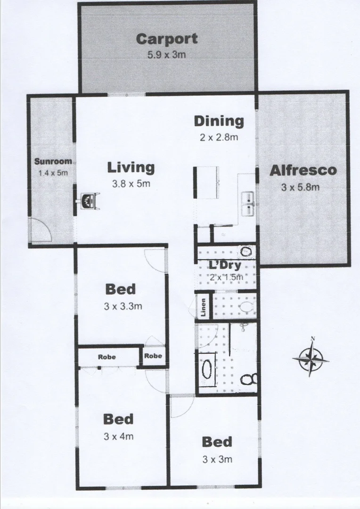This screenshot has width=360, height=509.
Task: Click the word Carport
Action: [x=166, y=39]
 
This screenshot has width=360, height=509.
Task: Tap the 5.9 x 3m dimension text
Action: [x=166, y=54]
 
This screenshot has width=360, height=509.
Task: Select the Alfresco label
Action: [x=303, y=170]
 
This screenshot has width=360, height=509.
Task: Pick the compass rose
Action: [x=311, y=358]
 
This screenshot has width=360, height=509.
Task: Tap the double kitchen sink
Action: [x=248, y=205]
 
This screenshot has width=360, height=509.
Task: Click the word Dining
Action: [x=219, y=121]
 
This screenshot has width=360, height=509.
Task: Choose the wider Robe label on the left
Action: [x=107, y=357]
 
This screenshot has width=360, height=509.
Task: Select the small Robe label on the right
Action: [x=154, y=356]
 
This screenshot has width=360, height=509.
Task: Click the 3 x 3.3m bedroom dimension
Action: [x=123, y=306]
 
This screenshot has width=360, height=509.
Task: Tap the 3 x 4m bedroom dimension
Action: [x=118, y=436]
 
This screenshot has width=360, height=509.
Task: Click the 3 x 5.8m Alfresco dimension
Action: [x=300, y=187]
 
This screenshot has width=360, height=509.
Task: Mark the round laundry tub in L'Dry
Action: [x=245, y=251]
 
